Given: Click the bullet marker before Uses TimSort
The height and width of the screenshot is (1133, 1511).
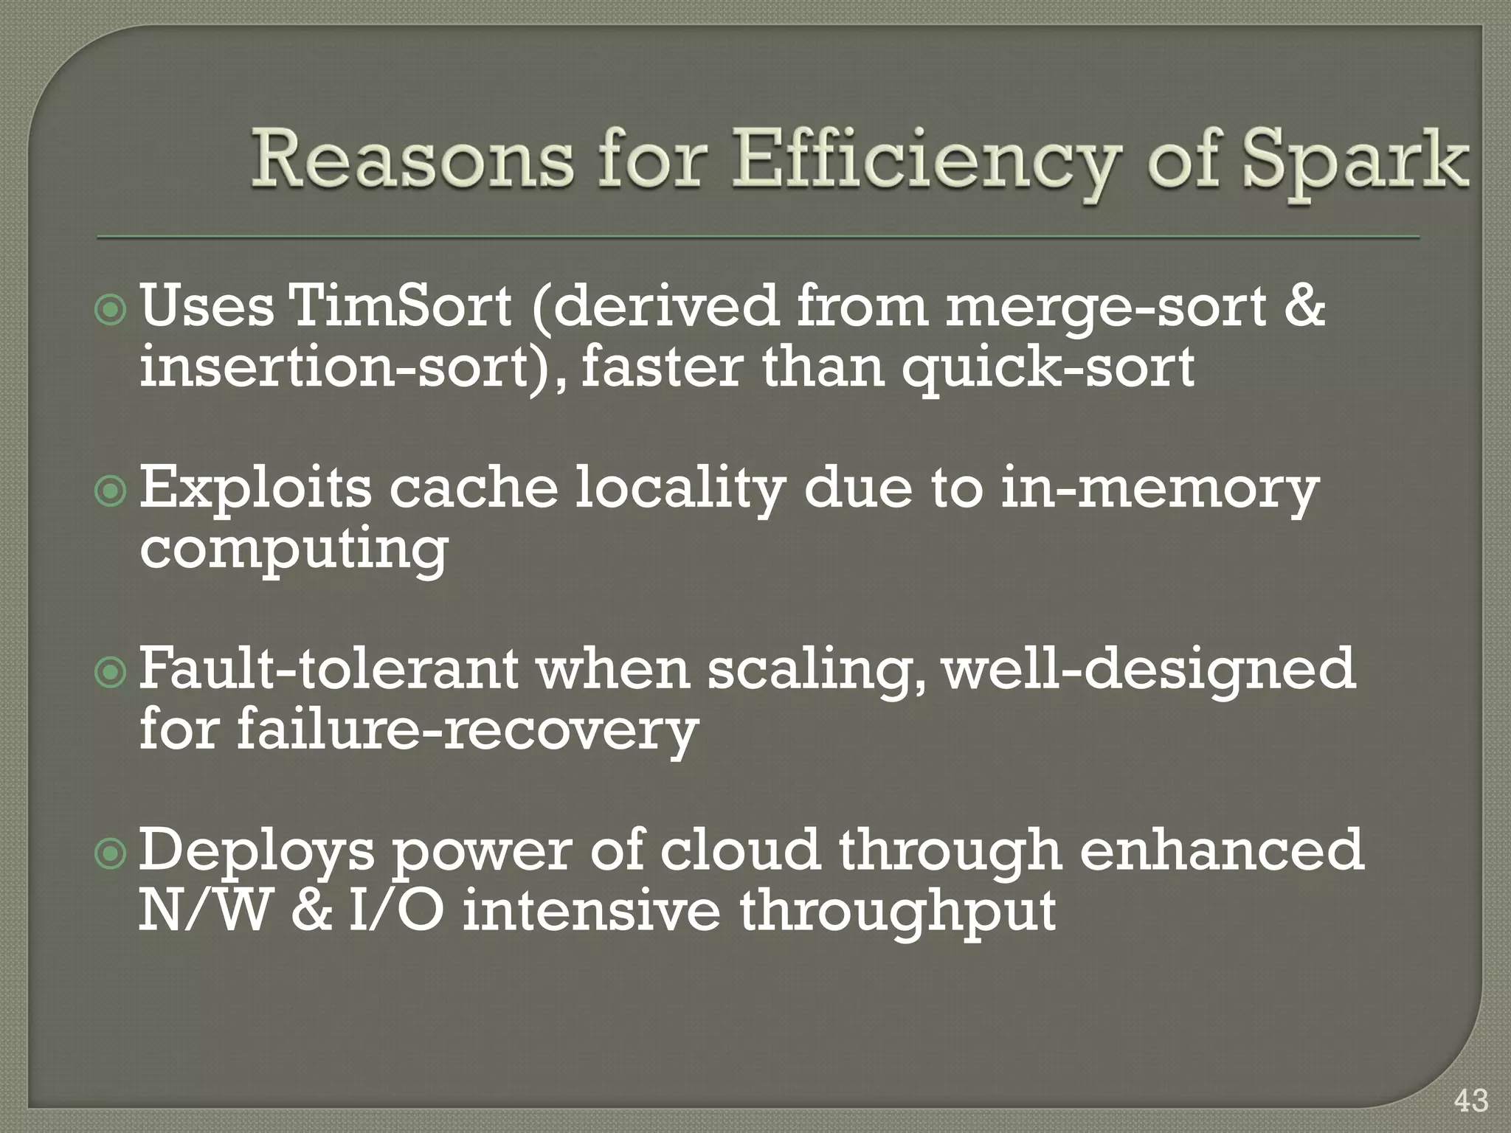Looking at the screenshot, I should pos(112,312).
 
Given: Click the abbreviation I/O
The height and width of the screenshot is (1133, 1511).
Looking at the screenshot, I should pos(395,912).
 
